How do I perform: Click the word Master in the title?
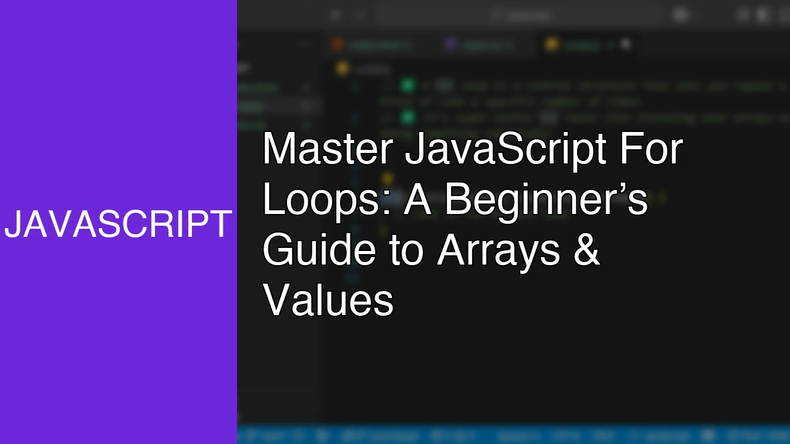click(x=328, y=149)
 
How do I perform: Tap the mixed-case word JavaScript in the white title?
click(x=505, y=149)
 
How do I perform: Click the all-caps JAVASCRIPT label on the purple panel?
click(x=118, y=224)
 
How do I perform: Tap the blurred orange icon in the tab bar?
click(x=338, y=44)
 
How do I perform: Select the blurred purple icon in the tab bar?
click(x=451, y=44)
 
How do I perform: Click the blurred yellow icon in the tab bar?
click(x=552, y=44)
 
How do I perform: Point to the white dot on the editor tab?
click(x=626, y=44)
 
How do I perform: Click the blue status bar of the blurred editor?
click(x=512, y=435)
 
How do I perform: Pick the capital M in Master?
click(x=276, y=149)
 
